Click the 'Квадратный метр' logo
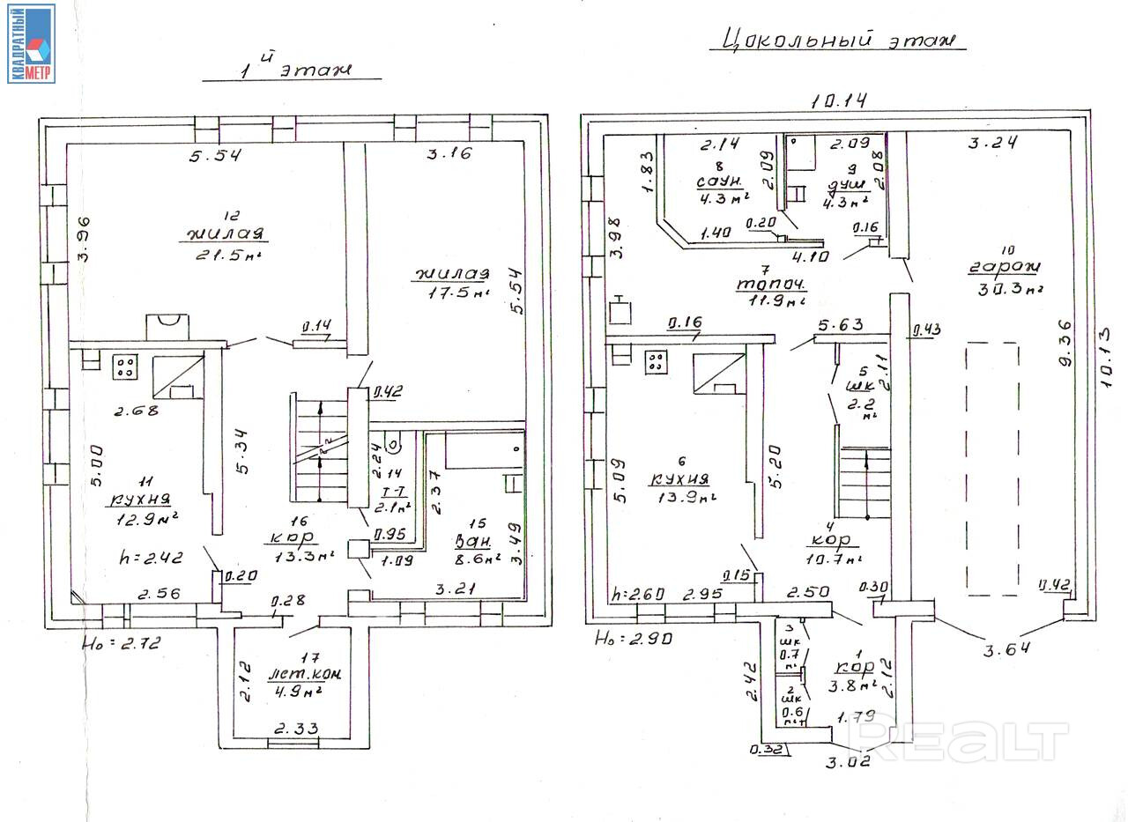pos(31,43)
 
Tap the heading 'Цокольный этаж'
pos(837,40)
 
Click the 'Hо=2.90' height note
pos(634,638)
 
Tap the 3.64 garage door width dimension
pos(1006,649)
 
